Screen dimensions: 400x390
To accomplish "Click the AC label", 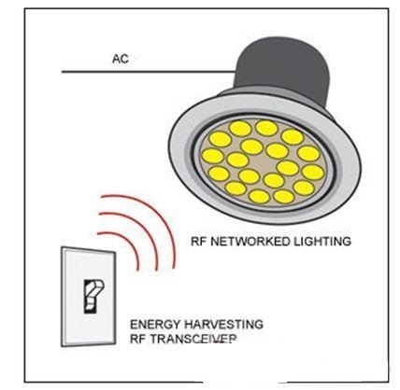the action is [121, 59].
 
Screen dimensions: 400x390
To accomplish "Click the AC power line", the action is [149, 72].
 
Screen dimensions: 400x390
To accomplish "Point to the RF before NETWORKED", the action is [199, 242].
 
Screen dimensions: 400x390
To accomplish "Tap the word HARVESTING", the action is [223, 325].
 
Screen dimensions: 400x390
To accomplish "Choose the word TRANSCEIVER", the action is [193, 339].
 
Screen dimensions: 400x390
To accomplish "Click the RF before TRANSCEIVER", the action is [138, 339].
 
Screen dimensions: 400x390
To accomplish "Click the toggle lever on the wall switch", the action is [93, 296].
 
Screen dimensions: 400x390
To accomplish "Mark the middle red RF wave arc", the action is [141, 230].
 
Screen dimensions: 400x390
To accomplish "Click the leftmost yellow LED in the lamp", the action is [213, 156].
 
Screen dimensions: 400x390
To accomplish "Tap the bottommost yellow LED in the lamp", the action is [259, 196].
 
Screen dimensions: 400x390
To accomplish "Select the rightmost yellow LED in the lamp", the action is [313, 173].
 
